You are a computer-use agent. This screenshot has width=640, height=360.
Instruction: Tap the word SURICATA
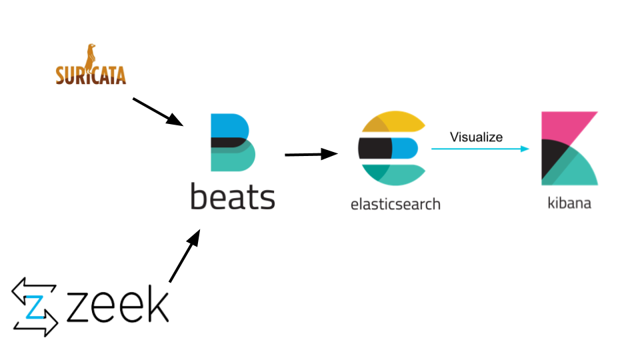click(x=91, y=75)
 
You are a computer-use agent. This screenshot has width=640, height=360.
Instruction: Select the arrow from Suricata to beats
click(x=157, y=111)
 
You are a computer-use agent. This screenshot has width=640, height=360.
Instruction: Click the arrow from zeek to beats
click(x=184, y=257)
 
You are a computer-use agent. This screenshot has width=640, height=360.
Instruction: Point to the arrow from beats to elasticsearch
click(x=311, y=155)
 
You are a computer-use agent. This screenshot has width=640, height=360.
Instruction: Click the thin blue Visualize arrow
click(x=480, y=149)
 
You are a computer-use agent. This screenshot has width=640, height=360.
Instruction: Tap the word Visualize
click(x=476, y=137)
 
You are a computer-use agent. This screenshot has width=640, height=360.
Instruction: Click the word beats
click(x=232, y=198)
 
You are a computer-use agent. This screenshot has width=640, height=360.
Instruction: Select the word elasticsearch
click(x=395, y=203)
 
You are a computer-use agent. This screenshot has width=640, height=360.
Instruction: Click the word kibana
click(x=569, y=203)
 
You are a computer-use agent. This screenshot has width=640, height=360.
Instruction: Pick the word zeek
click(x=117, y=305)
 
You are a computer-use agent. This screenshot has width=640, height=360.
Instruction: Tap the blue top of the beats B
click(x=227, y=125)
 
